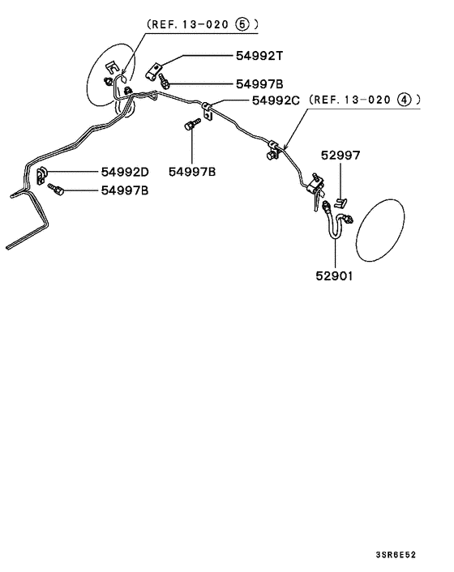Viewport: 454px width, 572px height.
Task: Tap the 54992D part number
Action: [125, 172]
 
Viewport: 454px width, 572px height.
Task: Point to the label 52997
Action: [340, 156]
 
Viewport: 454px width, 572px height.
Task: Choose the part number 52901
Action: [335, 275]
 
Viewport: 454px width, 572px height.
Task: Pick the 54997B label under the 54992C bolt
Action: [192, 172]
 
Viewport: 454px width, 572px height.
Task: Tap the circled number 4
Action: [405, 100]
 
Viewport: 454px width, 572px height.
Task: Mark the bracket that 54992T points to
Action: [156, 71]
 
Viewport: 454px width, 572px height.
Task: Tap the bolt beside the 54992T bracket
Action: [165, 82]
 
